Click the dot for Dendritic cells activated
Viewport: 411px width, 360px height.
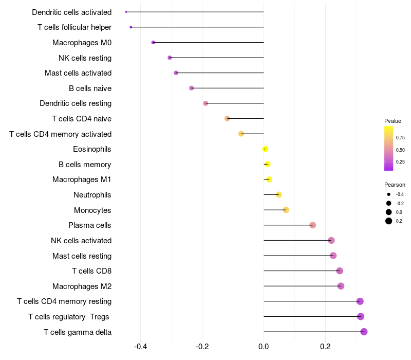click(126, 12)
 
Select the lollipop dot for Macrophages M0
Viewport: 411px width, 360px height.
click(153, 42)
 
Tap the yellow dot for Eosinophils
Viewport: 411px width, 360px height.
click(265, 149)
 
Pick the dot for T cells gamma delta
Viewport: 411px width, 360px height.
click(364, 332)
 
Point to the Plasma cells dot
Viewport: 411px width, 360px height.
click(312, 225)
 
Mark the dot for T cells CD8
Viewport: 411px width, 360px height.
click(339, 271)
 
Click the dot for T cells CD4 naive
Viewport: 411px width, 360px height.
click(227, 119)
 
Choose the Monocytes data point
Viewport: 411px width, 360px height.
click(286, 210)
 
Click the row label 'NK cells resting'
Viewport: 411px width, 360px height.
click(85, 58)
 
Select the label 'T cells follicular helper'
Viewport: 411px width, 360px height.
click(74, 27)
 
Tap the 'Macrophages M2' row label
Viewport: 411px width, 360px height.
click(82, 286)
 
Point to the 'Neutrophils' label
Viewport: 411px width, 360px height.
click(92, 195)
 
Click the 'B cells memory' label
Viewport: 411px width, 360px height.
click(85, 165)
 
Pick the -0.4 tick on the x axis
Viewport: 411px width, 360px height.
click(141, 347)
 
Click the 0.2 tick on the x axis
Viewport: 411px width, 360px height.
click(325, 347)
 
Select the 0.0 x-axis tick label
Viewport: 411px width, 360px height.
click(264, 347)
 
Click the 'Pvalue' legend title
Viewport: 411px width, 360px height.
click(393, 121)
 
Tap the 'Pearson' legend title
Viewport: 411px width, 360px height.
click(395, 185)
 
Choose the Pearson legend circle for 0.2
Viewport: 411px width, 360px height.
click(389, 221)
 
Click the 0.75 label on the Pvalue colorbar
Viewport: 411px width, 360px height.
click(400, 138)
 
